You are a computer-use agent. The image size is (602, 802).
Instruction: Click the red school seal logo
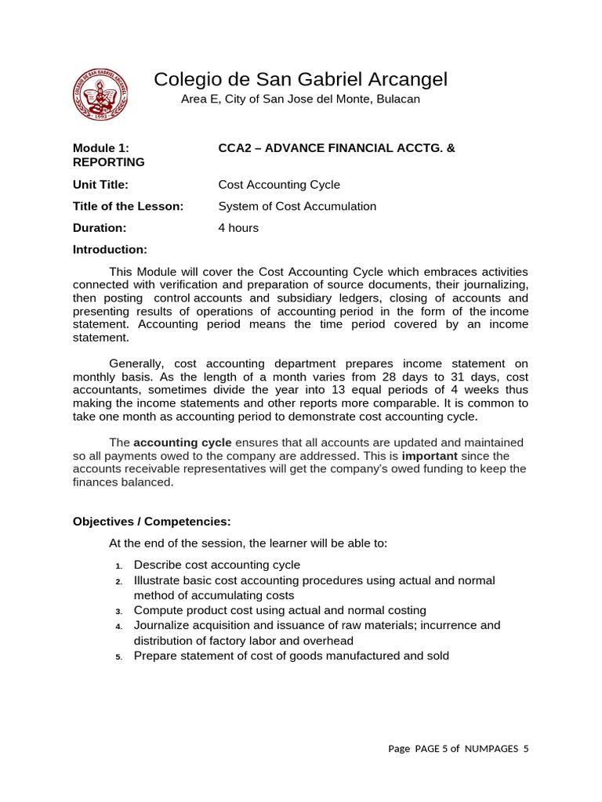pos(100,94)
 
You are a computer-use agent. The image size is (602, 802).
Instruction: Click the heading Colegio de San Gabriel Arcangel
pos(300,79)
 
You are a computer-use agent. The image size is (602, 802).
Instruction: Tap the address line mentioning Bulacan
pos(300,99)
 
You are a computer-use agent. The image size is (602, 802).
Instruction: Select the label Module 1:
pos(100,147)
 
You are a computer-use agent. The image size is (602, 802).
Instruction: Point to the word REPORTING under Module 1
pos(108,162)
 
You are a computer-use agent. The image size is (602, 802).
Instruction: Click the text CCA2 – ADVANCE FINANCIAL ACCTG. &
pos(335,147)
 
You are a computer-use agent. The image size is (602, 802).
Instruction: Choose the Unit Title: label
pos(100,185)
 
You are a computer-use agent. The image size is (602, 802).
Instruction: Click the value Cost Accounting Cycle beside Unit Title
pos(279,185)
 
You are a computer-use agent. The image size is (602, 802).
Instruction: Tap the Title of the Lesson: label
pos(128,207)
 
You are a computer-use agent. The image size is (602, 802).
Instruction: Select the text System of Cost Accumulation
pos(297,207)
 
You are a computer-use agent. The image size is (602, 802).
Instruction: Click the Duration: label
pos(99,229)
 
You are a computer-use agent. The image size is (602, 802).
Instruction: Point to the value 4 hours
pos(238,229)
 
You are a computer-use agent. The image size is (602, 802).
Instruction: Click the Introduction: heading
pos(110,250)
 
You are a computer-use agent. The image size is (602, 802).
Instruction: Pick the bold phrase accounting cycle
pos(183,443)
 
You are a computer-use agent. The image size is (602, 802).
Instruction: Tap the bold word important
pos(430,456)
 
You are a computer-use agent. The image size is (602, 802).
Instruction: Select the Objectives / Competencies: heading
pos(152,522)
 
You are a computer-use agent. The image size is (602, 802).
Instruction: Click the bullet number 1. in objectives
pos(118,566)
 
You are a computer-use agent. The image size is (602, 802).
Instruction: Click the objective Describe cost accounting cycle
pos(217,565)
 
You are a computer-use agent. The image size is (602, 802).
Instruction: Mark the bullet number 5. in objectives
pos(118,657)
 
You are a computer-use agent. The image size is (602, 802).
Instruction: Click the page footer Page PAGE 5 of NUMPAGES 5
pos(459,749)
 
